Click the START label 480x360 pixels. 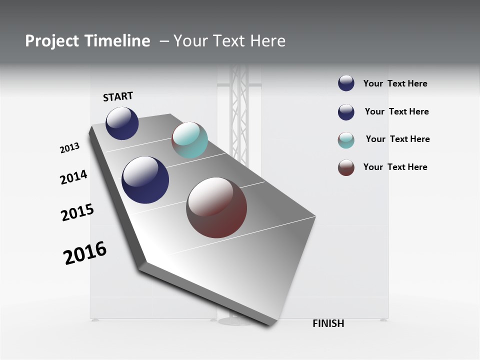[x=118, y=96]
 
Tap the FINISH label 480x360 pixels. [x=328, y=323]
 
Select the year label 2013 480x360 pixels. [x=69, y=148]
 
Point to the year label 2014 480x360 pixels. [x=73, y=177]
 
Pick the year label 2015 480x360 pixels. [x=77, y=212]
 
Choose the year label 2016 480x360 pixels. [x=85, y=253]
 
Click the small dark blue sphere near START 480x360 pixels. [x=122, y=123]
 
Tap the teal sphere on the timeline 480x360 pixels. [x=189, y=140]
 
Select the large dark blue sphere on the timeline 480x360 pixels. [x=145, y=180]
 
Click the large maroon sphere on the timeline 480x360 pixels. [x=216, y=207]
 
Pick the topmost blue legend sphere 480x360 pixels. [x=346, y=83]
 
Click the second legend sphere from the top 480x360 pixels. [x=346, y=112]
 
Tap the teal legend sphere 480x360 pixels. [x=346, y=140]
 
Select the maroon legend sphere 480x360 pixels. [x=346, y=167]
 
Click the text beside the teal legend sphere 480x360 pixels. [x=397, y=139]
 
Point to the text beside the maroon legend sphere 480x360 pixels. [x=395, y=167]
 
